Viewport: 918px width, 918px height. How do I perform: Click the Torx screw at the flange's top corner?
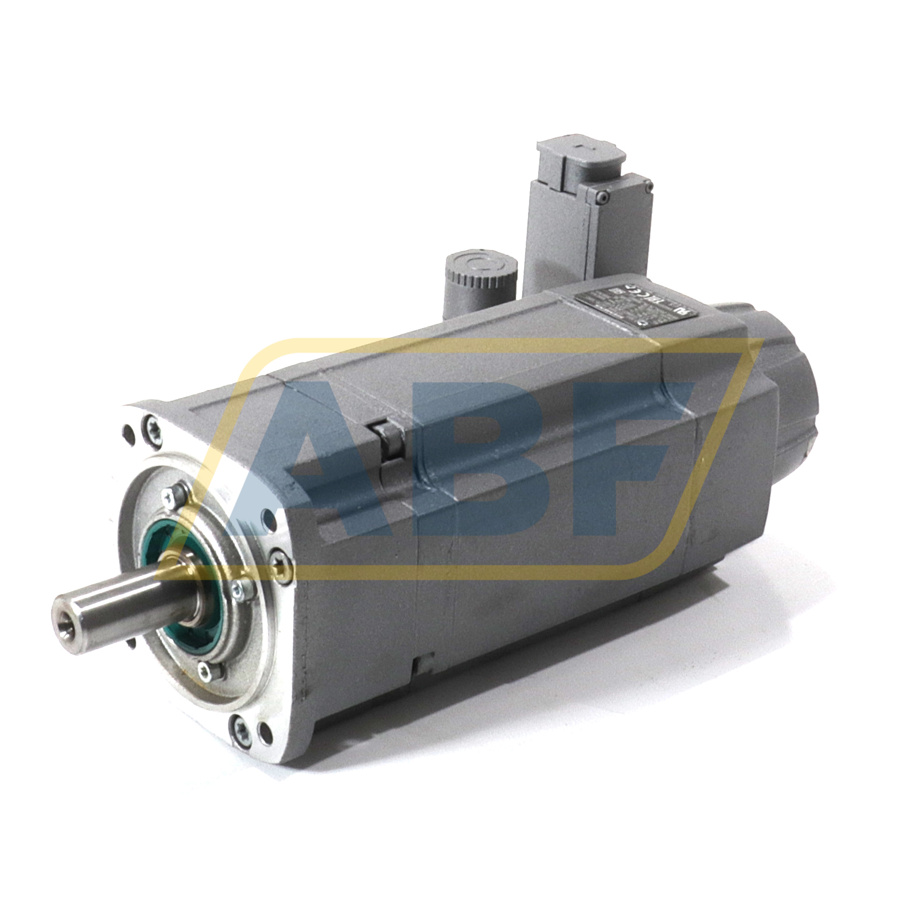click(x=151, y=431)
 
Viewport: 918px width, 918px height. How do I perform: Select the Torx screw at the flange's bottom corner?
click(x=240, y=727)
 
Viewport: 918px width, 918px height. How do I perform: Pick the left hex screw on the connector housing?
click(x=602, y=198)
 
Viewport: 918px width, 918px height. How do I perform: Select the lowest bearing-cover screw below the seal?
click(x=205, y=671)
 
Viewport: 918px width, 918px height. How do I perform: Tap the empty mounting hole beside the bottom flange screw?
click(x=265, y=732)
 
